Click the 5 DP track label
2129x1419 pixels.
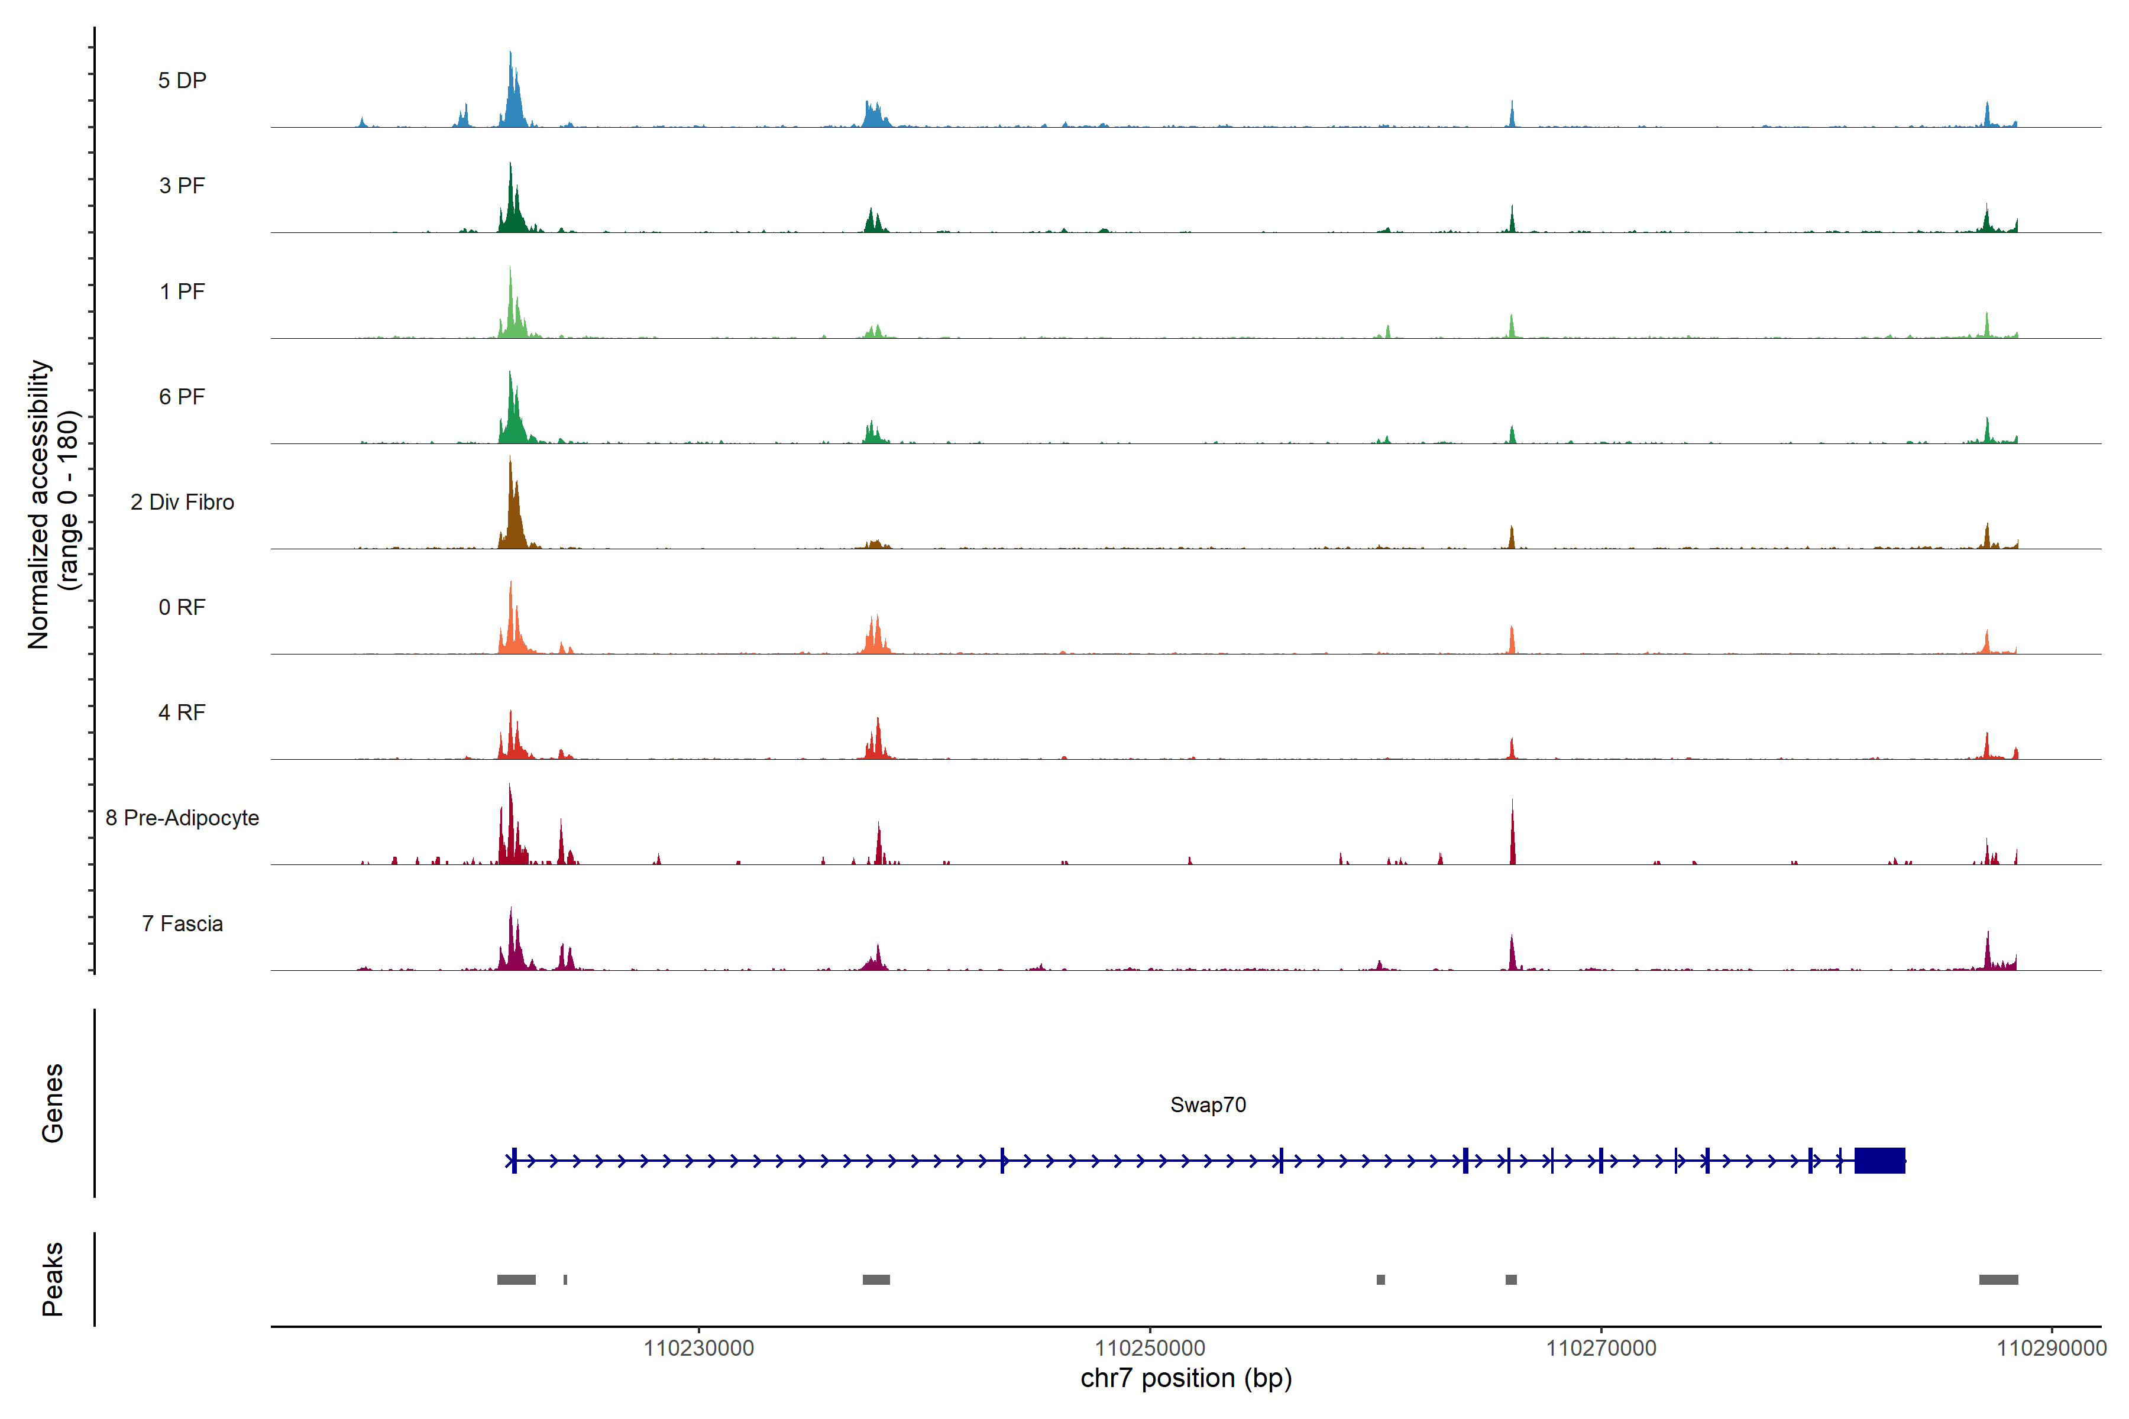[x=182, y=80]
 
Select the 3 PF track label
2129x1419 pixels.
[x=182, y=186]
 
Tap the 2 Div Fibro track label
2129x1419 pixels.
[x=182, y=502]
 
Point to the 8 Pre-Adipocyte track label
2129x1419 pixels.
[x=182, y=818]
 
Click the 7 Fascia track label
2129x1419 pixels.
[x=182, y=924]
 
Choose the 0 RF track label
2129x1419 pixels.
[x=182, y=607]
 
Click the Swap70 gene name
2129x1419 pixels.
[x=1208, y=1105]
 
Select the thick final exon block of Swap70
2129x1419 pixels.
[x=1879, y=1160]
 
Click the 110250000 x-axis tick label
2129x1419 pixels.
[x=1150, y=1349]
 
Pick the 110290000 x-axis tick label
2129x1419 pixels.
[x=2051, y=1349]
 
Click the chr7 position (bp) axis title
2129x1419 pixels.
[x=1186, y=1378]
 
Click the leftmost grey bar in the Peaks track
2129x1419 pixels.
[x=516, y=1279]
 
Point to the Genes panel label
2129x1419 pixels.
[x=53, y=1103]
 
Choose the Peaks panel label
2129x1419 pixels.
[x=53, y=1279]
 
